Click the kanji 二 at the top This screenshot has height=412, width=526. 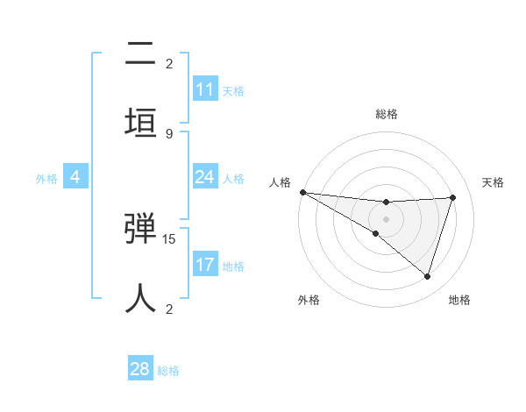pos(141,53)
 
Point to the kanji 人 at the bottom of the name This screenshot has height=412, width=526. pos(141,297)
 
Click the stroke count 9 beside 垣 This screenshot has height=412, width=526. pos(169,133)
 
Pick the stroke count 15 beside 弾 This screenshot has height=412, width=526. pos(170,238)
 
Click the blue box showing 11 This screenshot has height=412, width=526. pos(205,89)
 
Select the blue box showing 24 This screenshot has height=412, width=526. pos(205,177)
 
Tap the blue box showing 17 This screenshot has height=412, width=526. pos(205,265)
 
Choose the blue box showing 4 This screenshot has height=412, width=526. pos(75,177)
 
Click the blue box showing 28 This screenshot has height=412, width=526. pos(140,369)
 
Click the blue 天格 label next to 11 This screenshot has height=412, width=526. pos(233,90)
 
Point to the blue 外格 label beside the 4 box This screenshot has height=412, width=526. pos(46,178)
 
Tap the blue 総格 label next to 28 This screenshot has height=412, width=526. pos(168,371)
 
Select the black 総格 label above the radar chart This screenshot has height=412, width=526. pos(387,114)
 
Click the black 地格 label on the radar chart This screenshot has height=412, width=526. pos(459,300)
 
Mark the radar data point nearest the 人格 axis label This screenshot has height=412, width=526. pos(302,191)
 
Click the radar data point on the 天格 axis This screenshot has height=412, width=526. pos(453,197)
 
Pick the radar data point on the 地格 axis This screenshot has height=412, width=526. pos(428,277)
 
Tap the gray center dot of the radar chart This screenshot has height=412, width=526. pos(386,218)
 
